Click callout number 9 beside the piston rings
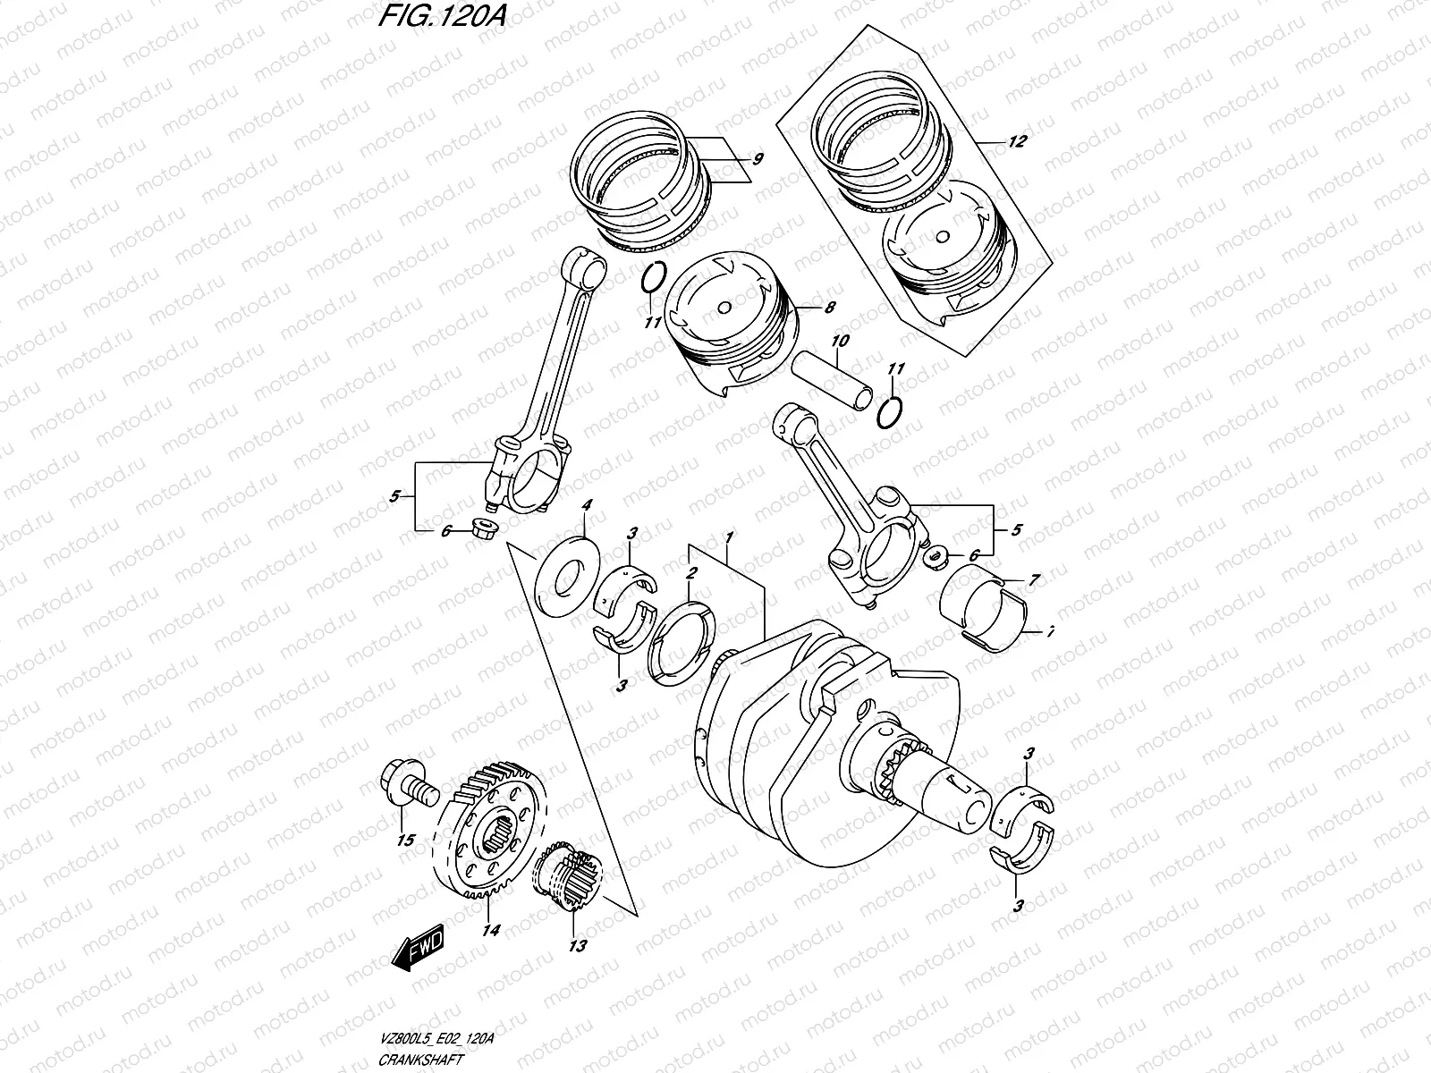pos(757,160)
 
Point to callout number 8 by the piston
pos(829,308)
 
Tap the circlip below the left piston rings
pos(651,277)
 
